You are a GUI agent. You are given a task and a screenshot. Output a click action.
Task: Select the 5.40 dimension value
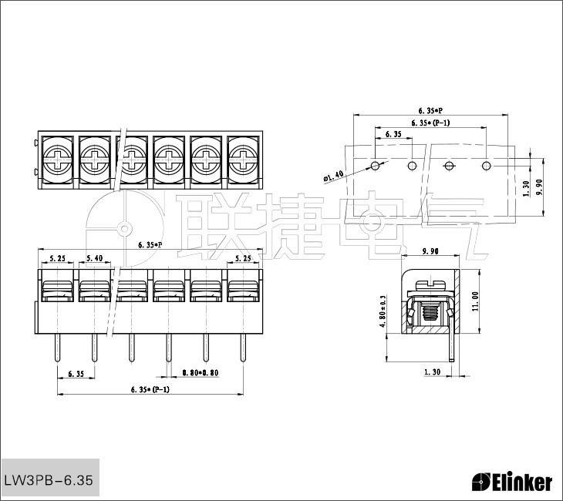[93, 258]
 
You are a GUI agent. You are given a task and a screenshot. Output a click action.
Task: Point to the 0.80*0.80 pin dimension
[199, 373]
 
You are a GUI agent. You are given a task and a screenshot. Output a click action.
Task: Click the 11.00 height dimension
[475, 301]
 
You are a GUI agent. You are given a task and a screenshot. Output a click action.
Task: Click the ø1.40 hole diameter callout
[333, 177]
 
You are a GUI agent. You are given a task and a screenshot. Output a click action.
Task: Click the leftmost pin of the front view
[58, 348]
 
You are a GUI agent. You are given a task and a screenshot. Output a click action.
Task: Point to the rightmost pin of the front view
[243, 348]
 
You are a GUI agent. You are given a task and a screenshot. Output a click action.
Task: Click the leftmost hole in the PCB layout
[375, 165]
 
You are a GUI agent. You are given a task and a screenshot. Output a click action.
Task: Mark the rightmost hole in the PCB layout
[486, 165]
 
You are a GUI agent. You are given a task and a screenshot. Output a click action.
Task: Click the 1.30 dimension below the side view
[433, 372]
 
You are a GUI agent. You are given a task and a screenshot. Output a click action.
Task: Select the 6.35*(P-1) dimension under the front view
[150, 388]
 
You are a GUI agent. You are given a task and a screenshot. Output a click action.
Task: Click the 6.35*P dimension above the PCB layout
[430, 109]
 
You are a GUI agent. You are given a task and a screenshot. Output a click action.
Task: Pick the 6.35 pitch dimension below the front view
[76, 373]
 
